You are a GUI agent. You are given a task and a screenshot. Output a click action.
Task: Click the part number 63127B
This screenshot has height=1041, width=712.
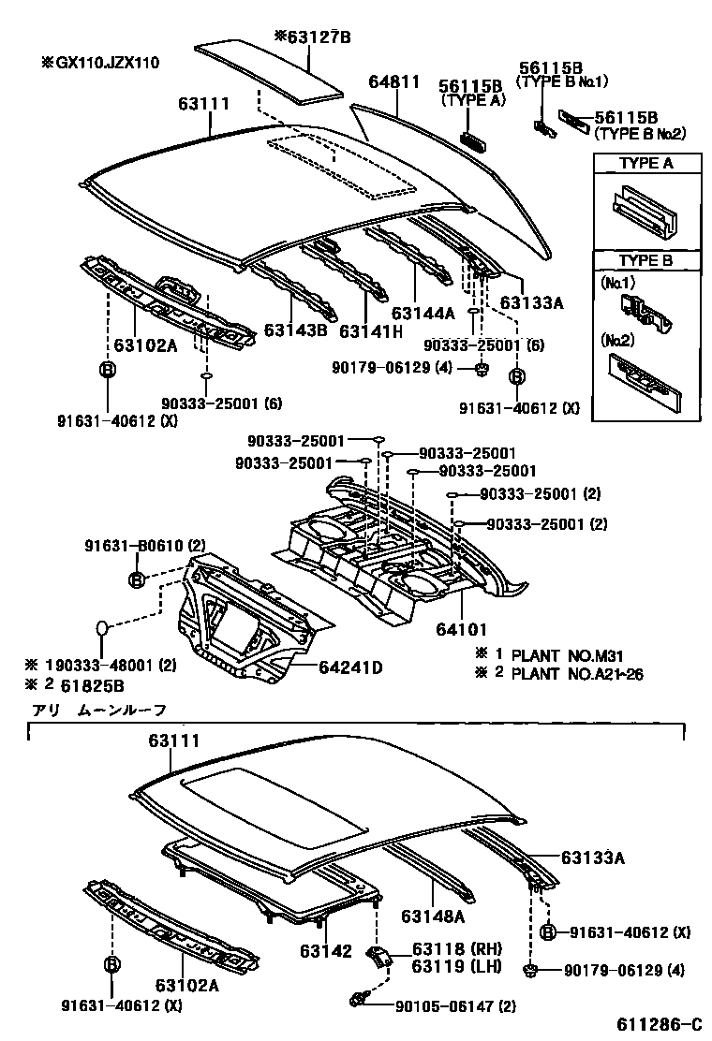pyautogui.click(x=318, y=37)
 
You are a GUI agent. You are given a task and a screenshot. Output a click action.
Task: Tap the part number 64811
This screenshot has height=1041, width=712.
pyautogui.click(x=393, y=83)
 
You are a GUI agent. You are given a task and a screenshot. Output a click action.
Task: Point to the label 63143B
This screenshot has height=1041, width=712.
pyautogui.click(x=294, y=330)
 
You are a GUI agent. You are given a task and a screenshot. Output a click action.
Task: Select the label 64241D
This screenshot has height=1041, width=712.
pyautogui.click(x=350, y=667)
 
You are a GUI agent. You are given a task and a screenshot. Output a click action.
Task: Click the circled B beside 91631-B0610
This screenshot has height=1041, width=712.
pyautogui.click(x=136, y=579)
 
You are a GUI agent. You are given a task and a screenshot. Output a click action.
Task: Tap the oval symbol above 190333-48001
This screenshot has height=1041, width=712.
pyautogui.click(x=103, y=628)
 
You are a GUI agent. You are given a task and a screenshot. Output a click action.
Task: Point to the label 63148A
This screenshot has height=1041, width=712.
pyautogui.click(x=434, y=916)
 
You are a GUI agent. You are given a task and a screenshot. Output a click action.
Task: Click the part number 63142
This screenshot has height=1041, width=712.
pyautogui.click(x=326, y=951)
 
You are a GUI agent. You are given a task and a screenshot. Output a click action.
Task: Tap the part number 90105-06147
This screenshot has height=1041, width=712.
pyautogui.click(x=441, y=1006)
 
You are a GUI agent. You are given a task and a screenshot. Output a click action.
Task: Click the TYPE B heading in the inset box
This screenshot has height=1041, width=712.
pyautogui.click(x=646, y=261)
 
